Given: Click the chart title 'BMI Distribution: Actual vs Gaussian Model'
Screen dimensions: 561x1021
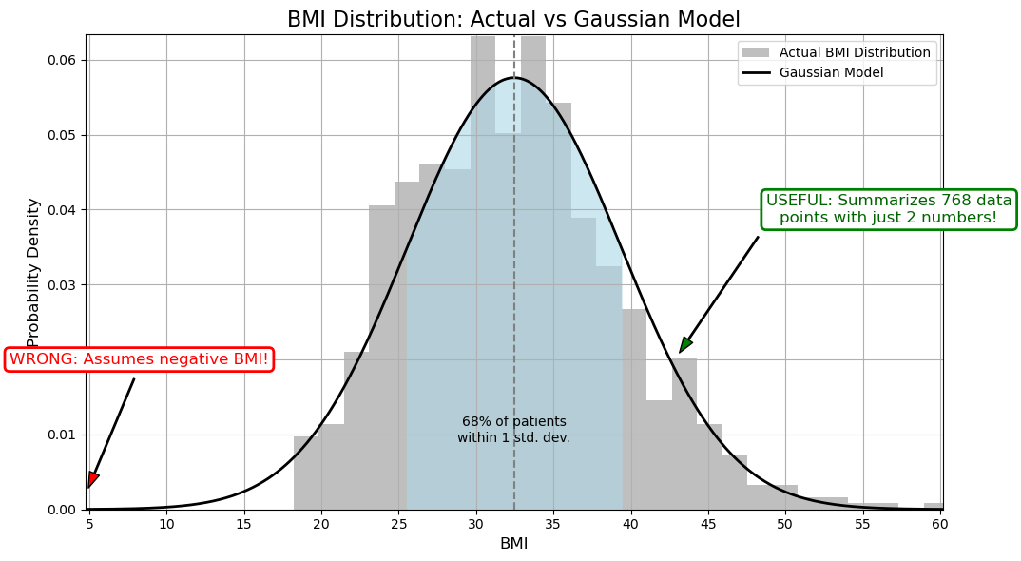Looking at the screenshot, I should point(513,19).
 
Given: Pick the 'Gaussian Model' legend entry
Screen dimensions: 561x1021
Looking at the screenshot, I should point(831,72).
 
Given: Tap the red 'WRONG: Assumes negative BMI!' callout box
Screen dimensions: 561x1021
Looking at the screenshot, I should point(139,359).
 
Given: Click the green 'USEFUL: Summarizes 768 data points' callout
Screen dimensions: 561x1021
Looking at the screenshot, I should point(889,209).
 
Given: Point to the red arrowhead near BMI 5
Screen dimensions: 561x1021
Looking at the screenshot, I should point(92,479).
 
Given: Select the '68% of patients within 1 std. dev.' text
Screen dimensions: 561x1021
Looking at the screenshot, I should point(513,430).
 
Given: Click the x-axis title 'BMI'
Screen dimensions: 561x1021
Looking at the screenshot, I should point(513,544).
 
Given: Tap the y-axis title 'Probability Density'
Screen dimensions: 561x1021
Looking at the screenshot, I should point(33,272).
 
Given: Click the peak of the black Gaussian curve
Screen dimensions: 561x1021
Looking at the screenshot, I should point(514,78).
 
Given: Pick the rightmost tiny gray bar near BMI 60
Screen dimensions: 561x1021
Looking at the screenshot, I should point(933,506).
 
